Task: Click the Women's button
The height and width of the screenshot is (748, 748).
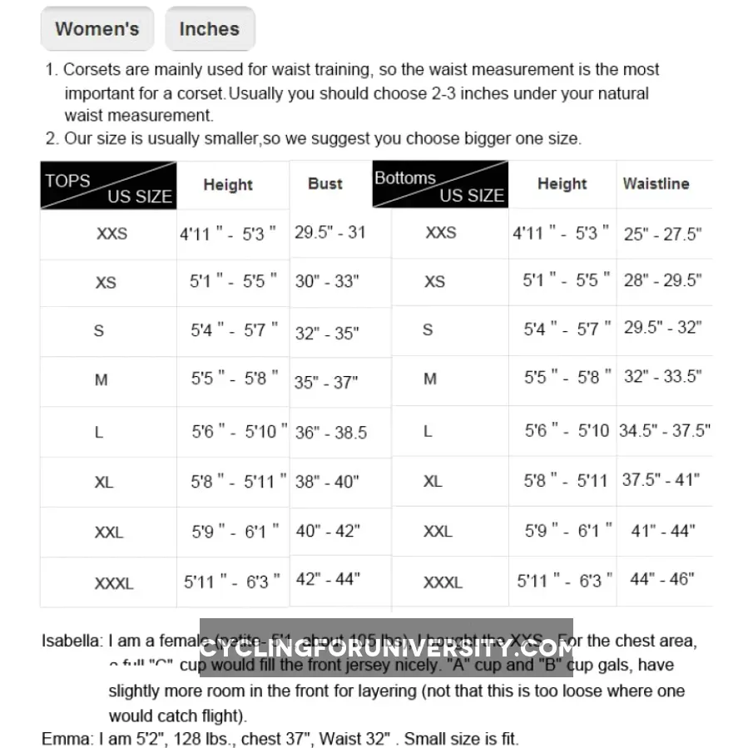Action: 97,29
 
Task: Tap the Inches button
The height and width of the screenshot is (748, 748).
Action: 209,29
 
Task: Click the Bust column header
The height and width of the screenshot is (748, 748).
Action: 324,184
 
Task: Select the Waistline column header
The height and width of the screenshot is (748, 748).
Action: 656,184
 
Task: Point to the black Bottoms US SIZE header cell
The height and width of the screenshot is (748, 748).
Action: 439,185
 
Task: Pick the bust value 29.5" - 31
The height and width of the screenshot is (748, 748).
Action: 329,232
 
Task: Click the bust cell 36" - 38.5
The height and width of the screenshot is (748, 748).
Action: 330,433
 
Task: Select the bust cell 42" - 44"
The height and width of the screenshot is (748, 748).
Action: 327,579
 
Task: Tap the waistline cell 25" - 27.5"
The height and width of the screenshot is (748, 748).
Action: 662,235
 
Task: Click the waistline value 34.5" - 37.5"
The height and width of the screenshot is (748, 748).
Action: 664,430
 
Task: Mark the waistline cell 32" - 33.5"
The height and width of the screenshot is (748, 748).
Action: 662,377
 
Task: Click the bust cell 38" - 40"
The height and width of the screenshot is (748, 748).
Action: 327,482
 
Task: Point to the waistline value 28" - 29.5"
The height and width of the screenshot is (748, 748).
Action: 662,280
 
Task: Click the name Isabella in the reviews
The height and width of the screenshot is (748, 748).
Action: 72,641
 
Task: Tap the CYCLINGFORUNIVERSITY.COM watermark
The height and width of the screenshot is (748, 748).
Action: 386,647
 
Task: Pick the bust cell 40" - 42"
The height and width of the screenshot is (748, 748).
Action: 327,531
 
